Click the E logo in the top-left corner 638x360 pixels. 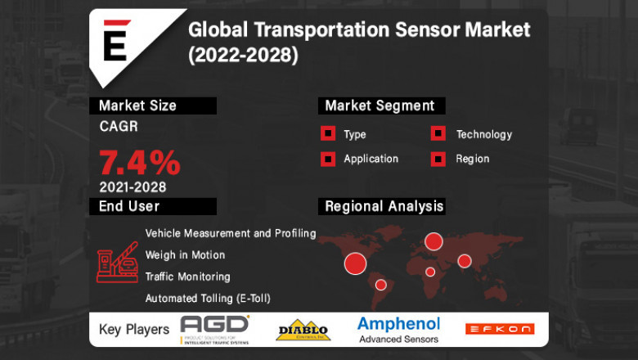(114, 41)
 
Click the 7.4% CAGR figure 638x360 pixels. (140, 162)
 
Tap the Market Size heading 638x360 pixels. (137, 106)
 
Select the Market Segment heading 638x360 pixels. (380, 106)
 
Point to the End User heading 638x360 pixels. (128, 206)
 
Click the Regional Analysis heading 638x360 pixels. (384, 206)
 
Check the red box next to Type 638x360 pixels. (327, 134)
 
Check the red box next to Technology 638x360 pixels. (438, 134)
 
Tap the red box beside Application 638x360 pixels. (327, 159)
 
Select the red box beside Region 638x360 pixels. (438, 159)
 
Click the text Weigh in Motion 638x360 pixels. (185, 255)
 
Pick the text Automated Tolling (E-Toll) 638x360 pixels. (208, 299)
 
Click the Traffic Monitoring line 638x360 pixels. (187, 277)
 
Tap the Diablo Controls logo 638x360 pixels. (303, 331)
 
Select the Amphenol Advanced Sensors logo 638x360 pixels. (398, 329)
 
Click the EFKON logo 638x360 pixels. (499, 329)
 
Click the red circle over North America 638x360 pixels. (355, 263)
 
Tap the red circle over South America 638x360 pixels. (380, 285)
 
